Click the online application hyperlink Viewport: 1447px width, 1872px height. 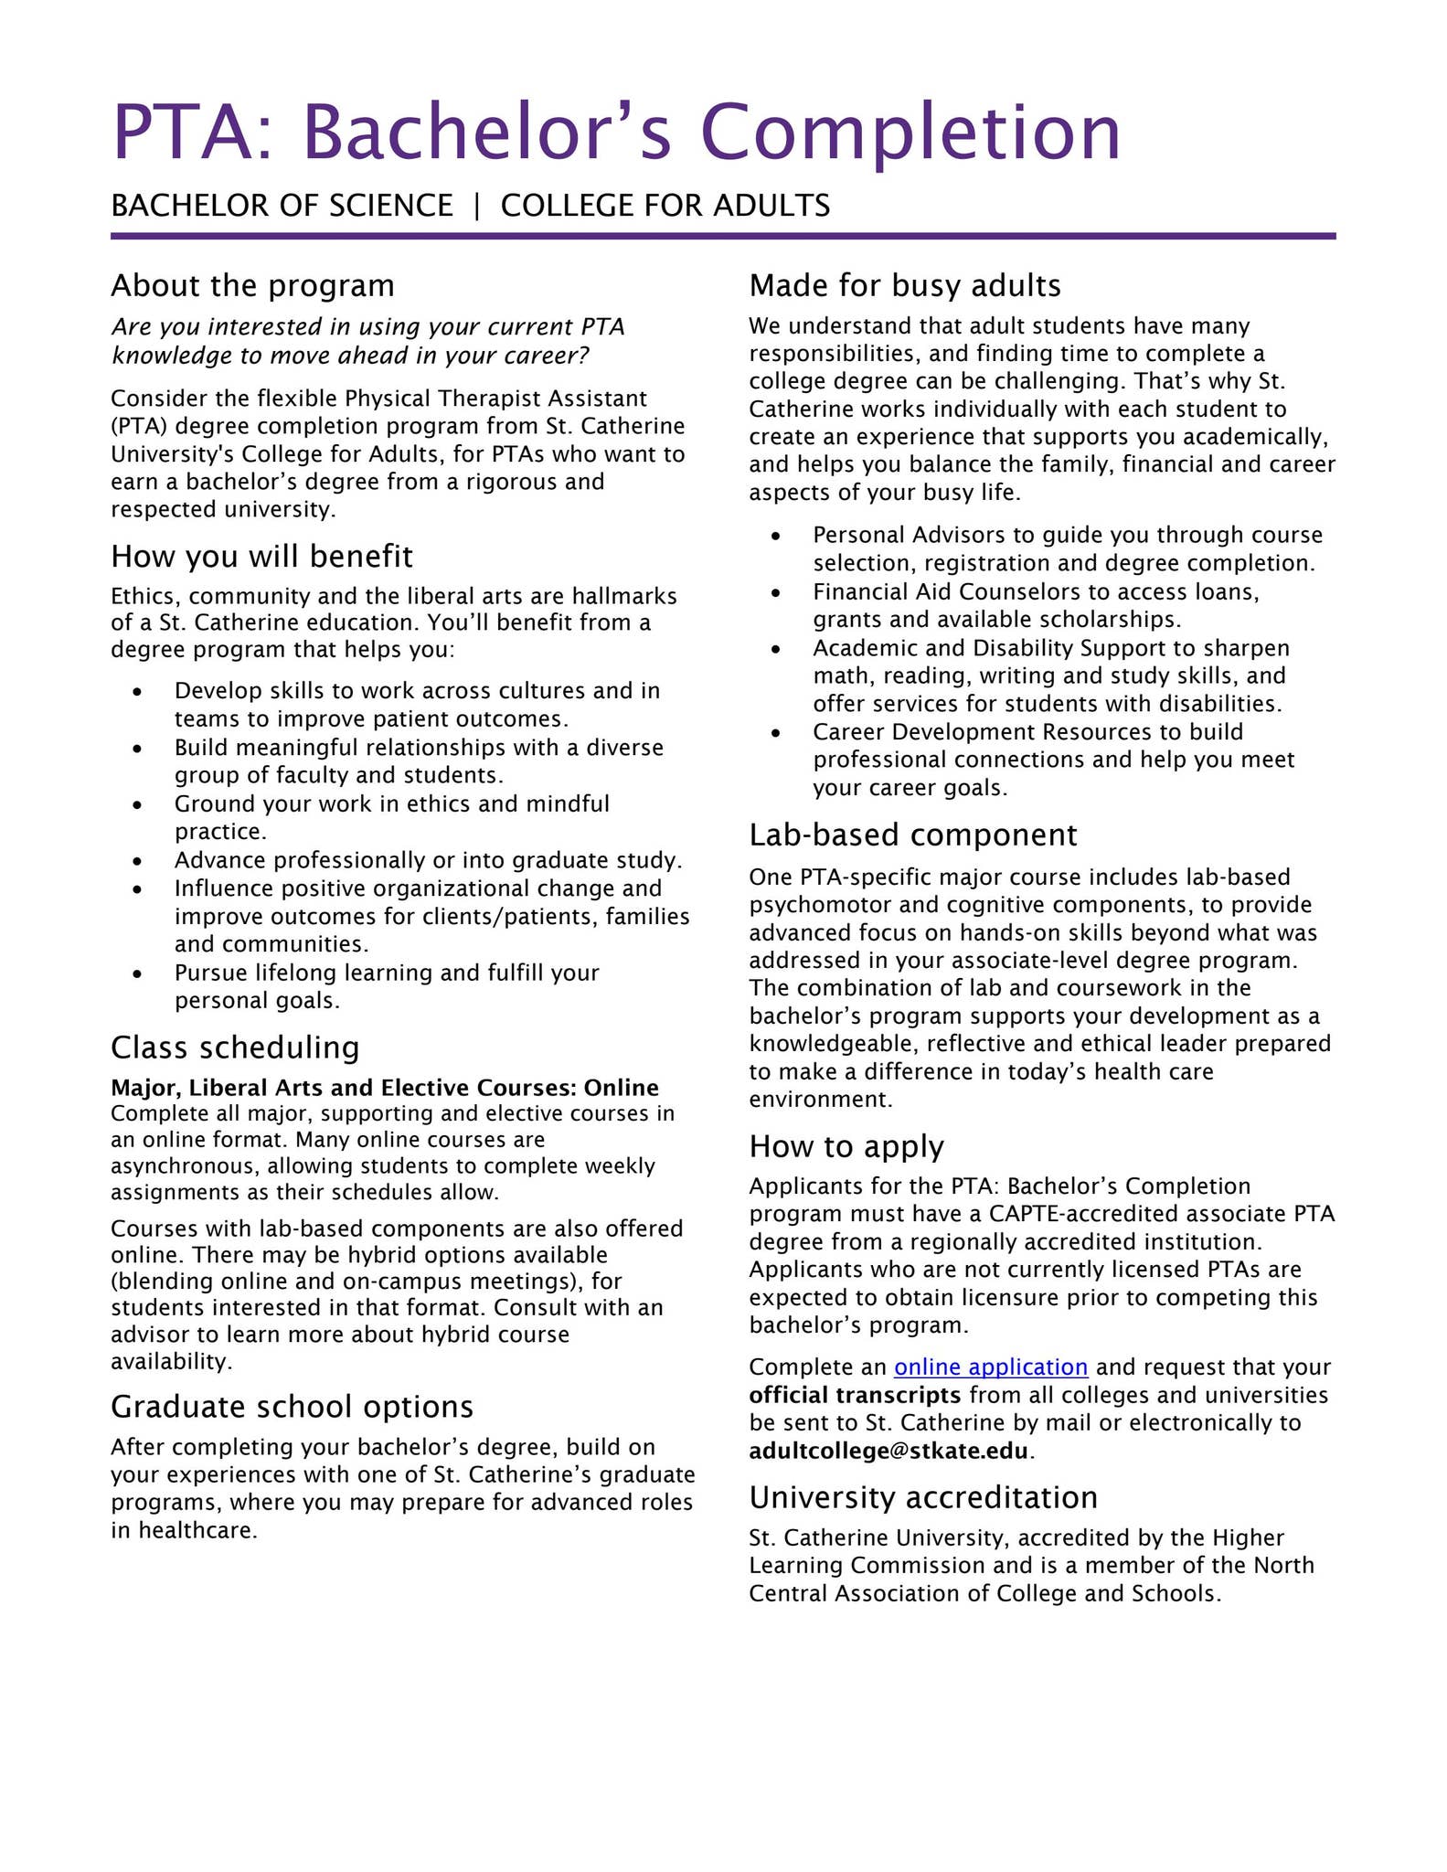tap(990, 1367)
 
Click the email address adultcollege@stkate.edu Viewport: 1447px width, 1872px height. tap(888, 1451)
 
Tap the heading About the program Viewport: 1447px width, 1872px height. tap(252, 286)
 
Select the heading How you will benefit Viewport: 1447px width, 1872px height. tap(261, 557)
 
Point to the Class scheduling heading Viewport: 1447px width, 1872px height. tap(235, 1047)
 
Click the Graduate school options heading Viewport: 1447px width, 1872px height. tap(292, 1407)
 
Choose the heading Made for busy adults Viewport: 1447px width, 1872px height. tap(904, 286)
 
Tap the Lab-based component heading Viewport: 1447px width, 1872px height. tap(912, 835)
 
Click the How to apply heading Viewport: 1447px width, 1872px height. tap(846, 1146)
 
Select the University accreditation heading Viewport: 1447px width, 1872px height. tap(923, 1498)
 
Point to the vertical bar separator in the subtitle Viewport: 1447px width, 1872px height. tap(476, 206)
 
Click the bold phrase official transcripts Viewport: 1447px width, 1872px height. tap(855, 1395)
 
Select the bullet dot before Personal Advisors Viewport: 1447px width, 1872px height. tap(776, 537)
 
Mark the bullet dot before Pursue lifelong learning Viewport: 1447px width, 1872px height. tap(137, 974)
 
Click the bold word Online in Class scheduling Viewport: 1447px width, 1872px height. tap(621, 1088)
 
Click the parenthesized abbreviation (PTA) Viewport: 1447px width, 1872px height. tap(139, 427)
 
